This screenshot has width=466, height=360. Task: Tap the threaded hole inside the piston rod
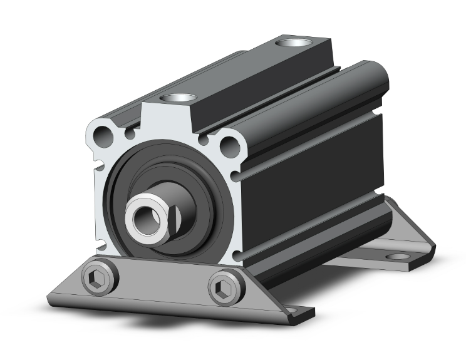pos(146,217)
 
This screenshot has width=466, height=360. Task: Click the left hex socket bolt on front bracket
pos(100,280)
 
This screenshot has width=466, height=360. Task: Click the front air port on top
pos(178,98)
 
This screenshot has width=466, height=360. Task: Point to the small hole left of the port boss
pos(131,133)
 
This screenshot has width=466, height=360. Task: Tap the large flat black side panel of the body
pos(319,175)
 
